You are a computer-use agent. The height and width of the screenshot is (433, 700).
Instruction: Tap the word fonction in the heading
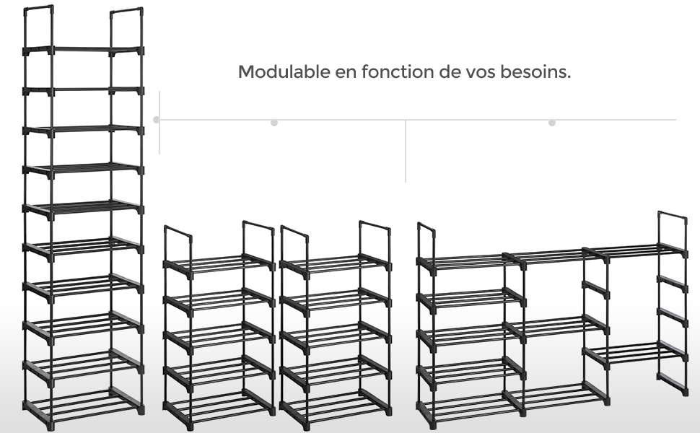click(398, 71)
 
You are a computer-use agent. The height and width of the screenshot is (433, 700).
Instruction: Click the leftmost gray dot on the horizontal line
click(157, 120)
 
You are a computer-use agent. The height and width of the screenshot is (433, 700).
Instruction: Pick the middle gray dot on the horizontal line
click(274, 123)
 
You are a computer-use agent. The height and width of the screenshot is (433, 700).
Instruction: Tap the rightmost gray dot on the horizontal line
click(552, 123)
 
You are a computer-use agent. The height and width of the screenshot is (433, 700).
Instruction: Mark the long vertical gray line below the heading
click(406, 151)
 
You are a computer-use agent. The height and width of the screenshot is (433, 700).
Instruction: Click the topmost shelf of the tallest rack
click(83, 51)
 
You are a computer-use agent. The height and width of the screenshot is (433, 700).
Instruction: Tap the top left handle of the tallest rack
click(39, 9)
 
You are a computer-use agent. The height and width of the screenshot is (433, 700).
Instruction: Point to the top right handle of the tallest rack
click(127, 11)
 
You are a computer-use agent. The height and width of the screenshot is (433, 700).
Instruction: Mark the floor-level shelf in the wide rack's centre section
click(556, 395)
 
